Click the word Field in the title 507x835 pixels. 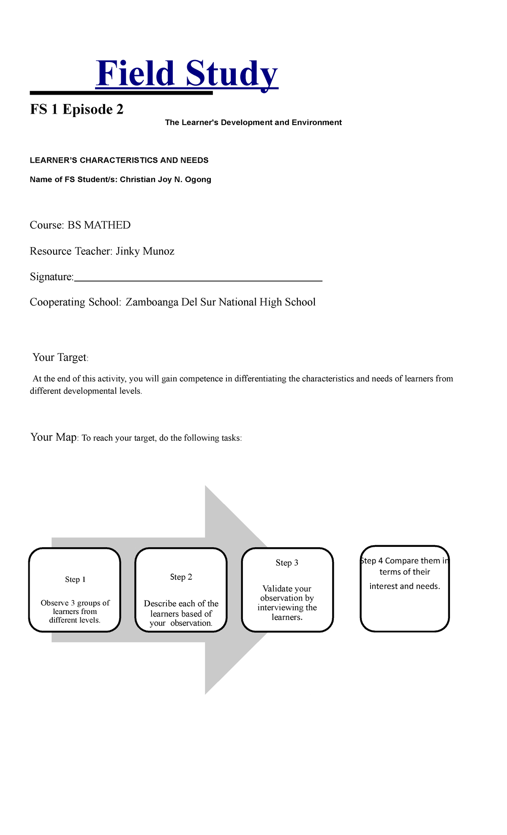tap(135, 74)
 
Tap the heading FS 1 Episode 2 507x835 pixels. tap(76, 109)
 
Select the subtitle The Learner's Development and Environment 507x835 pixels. tap(253, 123)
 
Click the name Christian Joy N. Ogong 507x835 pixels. tap(165, 180)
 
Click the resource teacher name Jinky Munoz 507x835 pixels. tap(145, 251)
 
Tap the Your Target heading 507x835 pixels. tap(60, 357)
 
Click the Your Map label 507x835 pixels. tap(53, 437)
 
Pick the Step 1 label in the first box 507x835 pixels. tap(75, 580)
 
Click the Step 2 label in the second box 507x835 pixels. tap(181, 577)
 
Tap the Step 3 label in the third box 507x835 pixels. tap(287, 563)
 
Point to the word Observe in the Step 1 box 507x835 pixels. tap(55, 603)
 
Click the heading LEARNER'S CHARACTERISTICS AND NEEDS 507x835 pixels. tap(119, 161)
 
